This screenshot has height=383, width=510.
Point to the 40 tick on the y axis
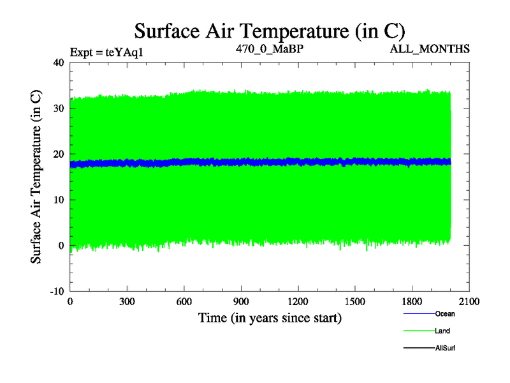click(x=58, y=63)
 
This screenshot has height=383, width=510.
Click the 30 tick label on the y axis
click(x=58, y=109)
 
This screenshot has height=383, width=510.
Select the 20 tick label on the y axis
click(x=58, y=154)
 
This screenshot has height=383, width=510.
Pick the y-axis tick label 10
click(x=58, y=200)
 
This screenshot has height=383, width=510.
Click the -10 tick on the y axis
click(x=56, y=291)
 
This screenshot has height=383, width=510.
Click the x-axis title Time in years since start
click(x=270, y=317)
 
